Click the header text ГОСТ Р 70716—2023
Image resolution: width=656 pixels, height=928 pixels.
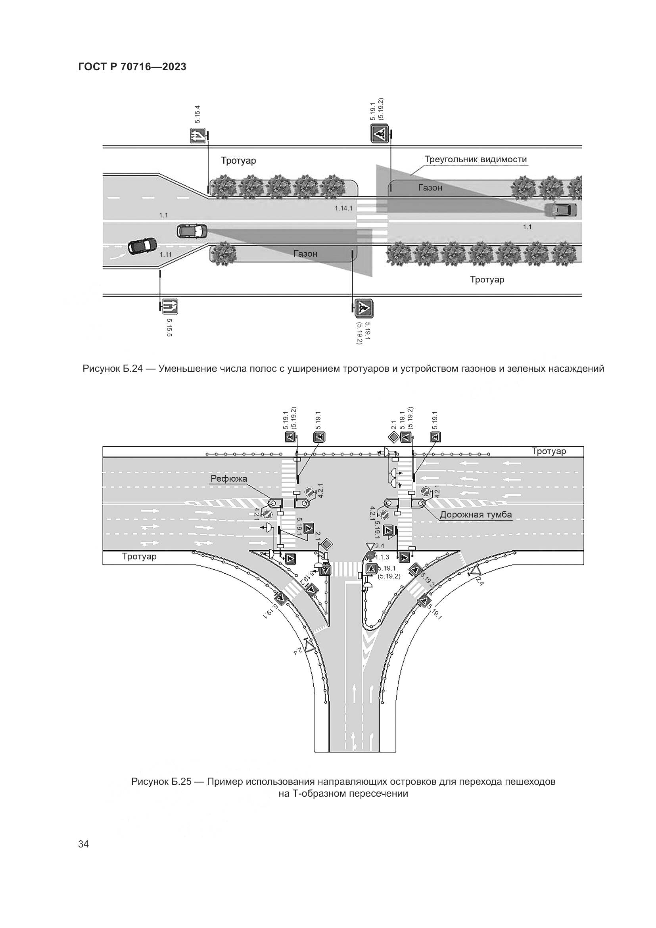pos(132,67)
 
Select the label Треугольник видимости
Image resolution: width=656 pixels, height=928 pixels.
pos(476,159)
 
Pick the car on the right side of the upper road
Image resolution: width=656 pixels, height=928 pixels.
pos(560,210)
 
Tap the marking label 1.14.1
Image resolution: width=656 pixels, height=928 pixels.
pos(343,209)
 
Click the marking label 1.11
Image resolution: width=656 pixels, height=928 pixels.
pos(166,254)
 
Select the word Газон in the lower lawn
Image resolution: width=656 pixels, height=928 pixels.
pos(305,254)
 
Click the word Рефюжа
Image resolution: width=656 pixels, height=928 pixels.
pos(228,479)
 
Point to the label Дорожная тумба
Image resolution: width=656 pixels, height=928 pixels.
pos(476,515)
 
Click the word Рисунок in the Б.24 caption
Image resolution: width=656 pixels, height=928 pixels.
pos(100,369)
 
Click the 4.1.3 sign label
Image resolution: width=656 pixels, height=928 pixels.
pos(381,557)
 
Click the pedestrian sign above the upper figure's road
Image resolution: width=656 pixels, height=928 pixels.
pos(380,133)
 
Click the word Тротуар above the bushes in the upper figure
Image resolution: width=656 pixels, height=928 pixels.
pos(238,160)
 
